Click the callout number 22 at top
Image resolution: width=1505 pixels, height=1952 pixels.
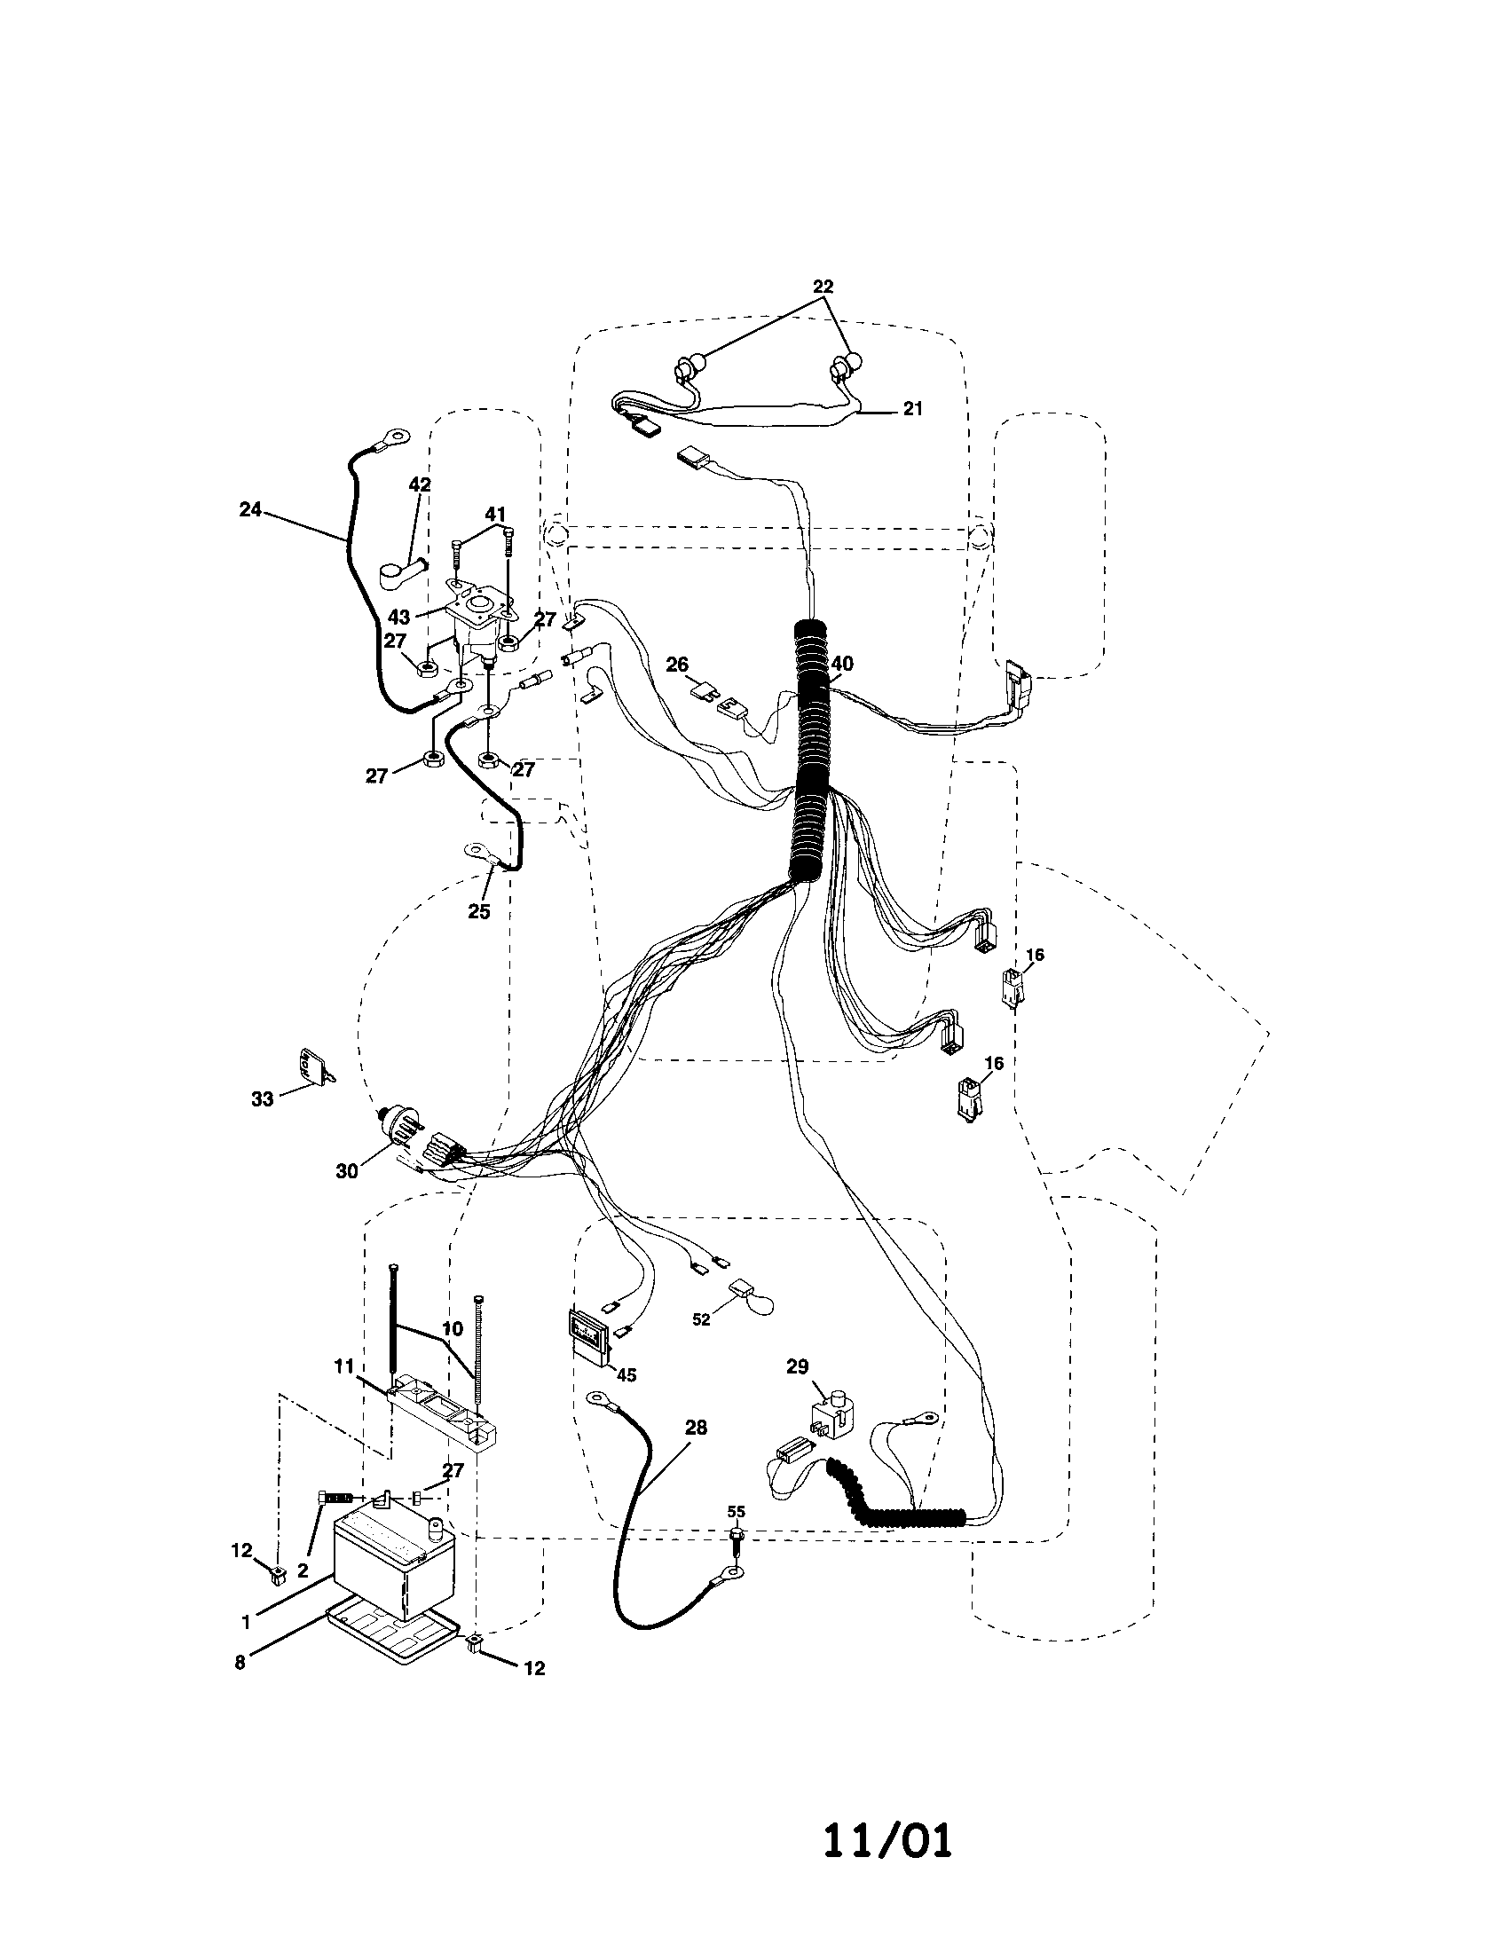823,287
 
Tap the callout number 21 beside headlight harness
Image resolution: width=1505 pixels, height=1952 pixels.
911,408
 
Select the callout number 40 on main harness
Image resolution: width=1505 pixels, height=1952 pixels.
842,664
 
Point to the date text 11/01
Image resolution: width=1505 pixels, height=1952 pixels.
887,1841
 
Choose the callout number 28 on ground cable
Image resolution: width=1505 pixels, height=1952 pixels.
696,1428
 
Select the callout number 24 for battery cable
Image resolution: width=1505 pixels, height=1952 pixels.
250,509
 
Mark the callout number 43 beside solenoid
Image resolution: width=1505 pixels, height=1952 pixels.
398,618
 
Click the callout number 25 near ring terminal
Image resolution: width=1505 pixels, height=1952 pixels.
479,912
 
